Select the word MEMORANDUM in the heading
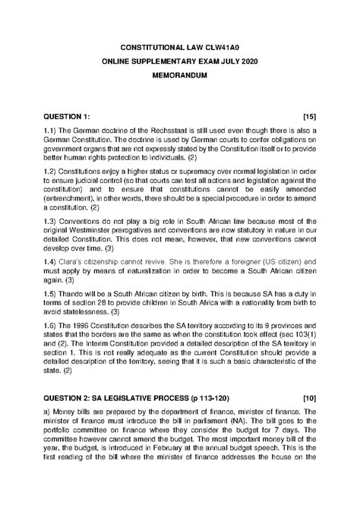179,77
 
